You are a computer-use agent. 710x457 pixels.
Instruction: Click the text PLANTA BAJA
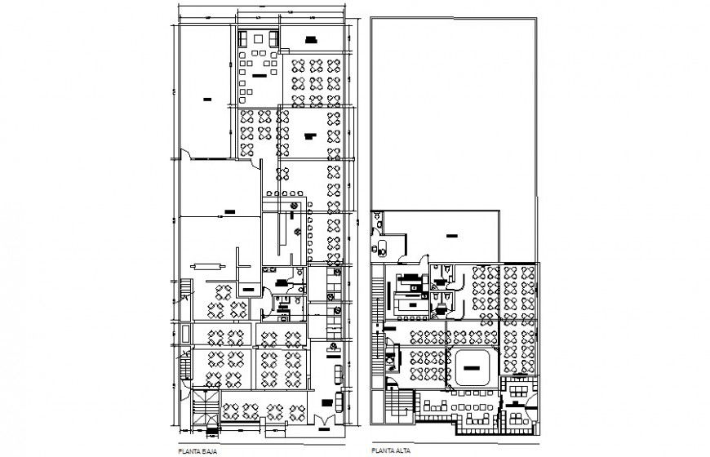pos(200,449)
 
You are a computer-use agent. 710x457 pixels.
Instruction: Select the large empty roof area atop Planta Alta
pos(453,106)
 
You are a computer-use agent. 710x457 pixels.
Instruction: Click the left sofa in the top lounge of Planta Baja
pos(243,39)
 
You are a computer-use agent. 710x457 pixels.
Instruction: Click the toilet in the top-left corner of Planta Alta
pos(378,219)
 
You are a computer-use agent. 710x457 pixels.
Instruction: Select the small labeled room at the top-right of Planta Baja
pos(310,39)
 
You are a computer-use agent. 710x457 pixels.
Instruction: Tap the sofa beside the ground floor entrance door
pos(339,402)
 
